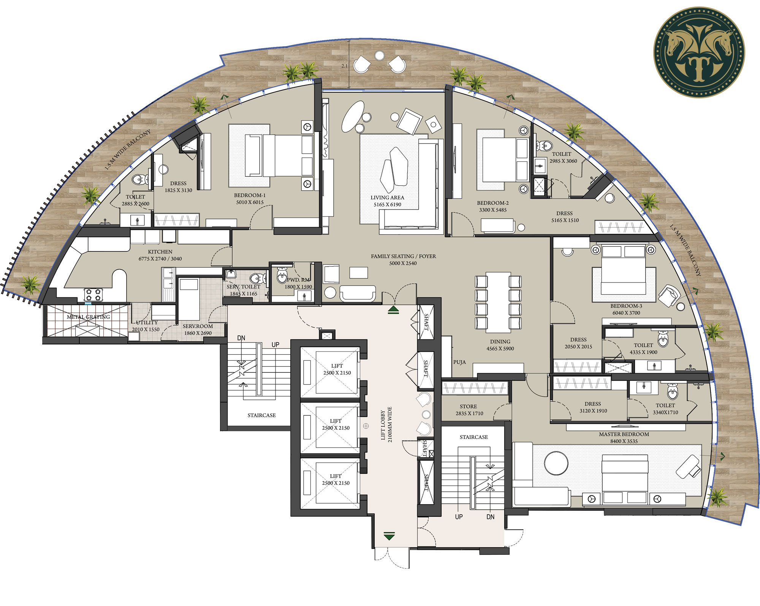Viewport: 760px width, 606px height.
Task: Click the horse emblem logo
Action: coord(699,52)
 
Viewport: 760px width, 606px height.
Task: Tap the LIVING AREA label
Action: coord(387,197)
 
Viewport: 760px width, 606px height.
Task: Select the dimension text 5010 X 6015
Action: coord(250,202)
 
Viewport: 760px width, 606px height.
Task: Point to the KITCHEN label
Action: coord(160,252)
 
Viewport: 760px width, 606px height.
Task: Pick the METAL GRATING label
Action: coord(88,317)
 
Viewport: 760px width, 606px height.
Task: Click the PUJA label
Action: coord(459,362)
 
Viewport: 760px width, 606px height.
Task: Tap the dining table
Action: coord(498,302)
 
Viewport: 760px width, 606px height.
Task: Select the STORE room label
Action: coord(468,406)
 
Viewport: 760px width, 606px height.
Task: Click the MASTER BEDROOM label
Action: coord(624,434)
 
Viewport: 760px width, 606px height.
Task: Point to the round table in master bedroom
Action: coord(556,463)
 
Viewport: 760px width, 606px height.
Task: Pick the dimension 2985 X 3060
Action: coord(563,161)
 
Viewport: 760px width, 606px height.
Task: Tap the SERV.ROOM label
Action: coord(198,326)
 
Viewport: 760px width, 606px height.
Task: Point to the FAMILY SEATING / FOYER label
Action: coord(403,256)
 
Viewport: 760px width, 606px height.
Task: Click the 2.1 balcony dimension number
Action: coord(344,66)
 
